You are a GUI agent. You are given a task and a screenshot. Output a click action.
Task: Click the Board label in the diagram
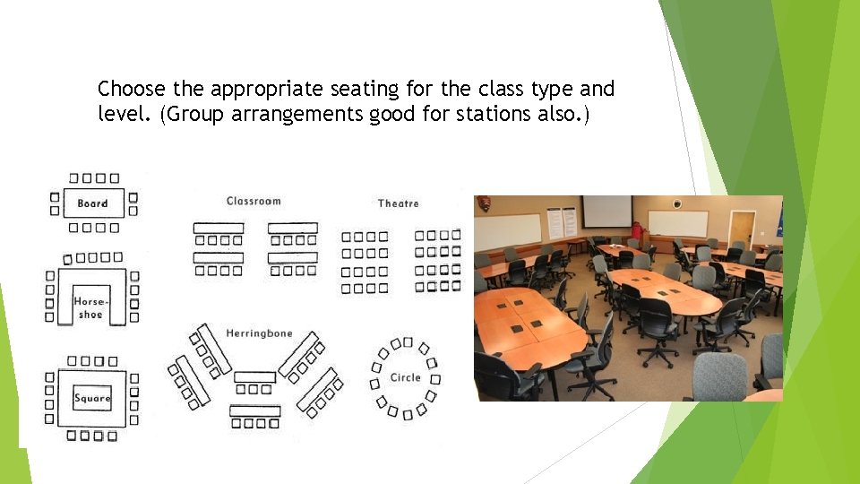click(x=92, y=203)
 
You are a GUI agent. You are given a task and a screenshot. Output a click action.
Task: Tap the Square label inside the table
click(x=92, y=398)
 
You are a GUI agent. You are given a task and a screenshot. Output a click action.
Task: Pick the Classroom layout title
click(x=254, y=201)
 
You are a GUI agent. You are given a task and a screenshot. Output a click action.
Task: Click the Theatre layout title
click(x=398, y=203)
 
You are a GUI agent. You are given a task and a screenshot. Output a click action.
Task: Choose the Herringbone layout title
click(x=259, y=333)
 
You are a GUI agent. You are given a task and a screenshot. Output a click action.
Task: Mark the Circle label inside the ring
click(x=405, y=377)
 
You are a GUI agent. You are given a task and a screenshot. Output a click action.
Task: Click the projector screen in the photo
click(x=606, y=212)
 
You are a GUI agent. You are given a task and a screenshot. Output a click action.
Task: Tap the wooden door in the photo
click(x=741, y=229)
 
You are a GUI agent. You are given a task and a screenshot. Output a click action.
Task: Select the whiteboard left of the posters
click(x=508, y=231)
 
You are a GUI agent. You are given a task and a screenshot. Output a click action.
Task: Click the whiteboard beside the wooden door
click(x=677, y=223)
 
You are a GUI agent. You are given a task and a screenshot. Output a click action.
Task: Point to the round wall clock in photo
click(x=678, y=203)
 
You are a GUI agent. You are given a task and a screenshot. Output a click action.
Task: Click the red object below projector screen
click(x=637, y=230)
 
